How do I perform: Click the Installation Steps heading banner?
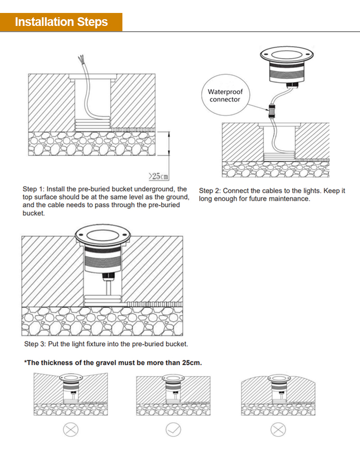click(61, 22)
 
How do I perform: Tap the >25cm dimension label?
click(158, 176)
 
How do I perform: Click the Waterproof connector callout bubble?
click(225, 95)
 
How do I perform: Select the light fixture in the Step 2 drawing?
click(287, 66)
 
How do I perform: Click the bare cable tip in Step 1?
click(81, 59)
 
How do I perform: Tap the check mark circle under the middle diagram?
click(173, 430)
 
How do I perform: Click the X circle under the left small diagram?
click(71, 430)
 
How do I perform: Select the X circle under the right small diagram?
click(278, 430)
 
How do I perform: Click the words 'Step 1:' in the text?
click(34, 189)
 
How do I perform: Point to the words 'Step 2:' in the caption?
click(210, 190)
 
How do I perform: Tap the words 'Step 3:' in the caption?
click(35, 344)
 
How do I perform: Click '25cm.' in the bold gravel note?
click(192, 363)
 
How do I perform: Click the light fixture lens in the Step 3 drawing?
click(103, 235)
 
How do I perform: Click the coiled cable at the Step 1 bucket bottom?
click(93, 124)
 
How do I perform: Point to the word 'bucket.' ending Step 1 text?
click(34, 213)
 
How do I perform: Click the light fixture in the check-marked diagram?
click(173, 387)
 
